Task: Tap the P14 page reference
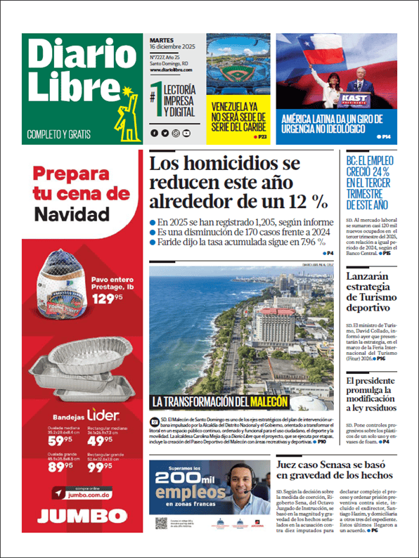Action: pyautogui.click(x=384, y=136)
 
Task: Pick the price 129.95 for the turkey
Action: pyautogui.click(x=105, y=299)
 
